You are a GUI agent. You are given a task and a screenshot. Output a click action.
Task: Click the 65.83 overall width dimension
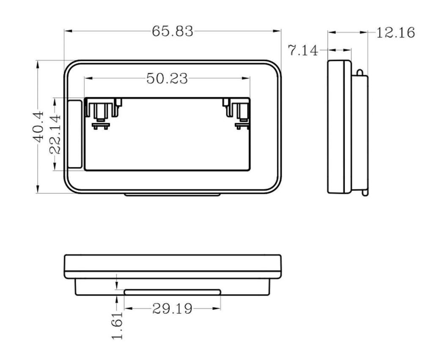point(173,31)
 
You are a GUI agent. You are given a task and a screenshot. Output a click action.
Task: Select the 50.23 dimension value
point(167,78)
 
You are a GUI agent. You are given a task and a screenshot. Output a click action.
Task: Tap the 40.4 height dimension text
point(38,126)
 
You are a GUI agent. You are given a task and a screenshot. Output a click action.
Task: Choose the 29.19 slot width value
point(172,309)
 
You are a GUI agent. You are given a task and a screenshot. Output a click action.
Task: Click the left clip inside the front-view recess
point(102,113)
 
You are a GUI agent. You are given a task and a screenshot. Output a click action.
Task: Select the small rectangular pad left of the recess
point(75,134)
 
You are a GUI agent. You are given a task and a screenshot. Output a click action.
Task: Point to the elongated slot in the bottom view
point(172,292)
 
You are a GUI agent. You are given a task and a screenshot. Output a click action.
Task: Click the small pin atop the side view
point(360,73)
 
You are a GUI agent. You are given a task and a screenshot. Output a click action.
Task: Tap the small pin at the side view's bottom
point(365,192)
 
